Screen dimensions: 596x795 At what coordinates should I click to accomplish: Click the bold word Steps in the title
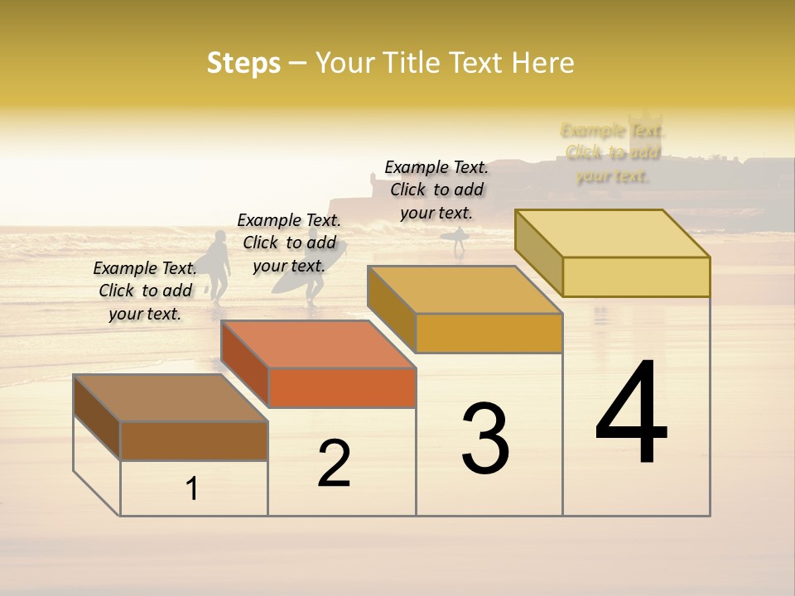243,63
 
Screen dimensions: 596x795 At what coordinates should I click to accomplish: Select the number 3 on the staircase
485,439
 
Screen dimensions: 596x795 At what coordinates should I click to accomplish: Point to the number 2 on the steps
335,464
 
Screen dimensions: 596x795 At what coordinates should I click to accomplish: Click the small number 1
192,489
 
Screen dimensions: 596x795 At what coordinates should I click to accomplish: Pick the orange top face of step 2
318,344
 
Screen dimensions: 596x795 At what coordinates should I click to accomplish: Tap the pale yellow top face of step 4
612,233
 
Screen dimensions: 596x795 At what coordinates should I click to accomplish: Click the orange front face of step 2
342,387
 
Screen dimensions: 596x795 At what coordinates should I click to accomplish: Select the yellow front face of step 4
636,276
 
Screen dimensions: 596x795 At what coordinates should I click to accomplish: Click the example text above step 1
146,291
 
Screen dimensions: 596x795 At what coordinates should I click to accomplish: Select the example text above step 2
289,243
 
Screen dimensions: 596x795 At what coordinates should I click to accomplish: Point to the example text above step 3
436,190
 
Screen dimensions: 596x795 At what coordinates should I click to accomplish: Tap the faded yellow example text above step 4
613,153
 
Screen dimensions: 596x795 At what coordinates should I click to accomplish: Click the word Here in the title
542,63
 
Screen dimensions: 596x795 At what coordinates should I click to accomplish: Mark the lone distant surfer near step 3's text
458,240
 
